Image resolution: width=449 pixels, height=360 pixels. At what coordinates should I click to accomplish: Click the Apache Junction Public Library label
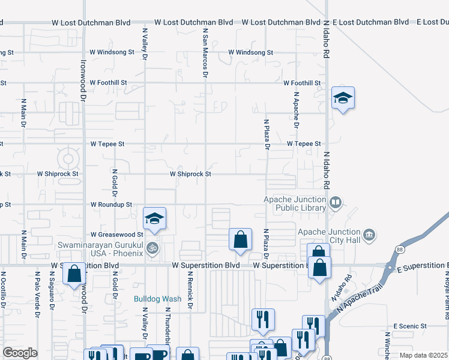pyautogui.click(x=295, y=204)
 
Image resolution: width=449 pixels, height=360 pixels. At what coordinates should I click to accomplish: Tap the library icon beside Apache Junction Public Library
pyautogui.click(x=336, y=203)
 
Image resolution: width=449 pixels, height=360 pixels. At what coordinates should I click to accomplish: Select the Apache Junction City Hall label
pyautogui.click(x=330, y=236)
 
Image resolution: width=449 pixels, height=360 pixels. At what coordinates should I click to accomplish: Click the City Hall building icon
pyautogui.click(x=369, y=233)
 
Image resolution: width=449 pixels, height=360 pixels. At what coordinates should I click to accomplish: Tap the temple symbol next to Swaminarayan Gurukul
pyautogui.click(x=153, y=247)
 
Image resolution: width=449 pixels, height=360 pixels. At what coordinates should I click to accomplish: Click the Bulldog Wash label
pyautogui.click(x=157, y=298)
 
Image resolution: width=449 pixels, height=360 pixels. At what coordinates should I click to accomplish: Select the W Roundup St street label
pyautogui.click(x=111, y=205)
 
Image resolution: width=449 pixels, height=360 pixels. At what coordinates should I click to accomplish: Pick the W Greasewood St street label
pyautogui.click(x=116, y=235)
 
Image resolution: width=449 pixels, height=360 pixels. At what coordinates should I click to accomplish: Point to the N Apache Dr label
pyautogui.click(x=296, y=110)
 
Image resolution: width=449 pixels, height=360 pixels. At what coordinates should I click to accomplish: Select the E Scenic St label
pyautogui.click(x=410, y=326)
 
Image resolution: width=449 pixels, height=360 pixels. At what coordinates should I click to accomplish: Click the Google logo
pyautogui.click(x=20, y=353)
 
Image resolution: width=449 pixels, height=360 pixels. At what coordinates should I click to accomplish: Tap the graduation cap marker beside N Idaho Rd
pyautogui.click(x=343, y=98)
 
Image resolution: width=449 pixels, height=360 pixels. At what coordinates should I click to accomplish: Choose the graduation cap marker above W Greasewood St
pyautogui.click(x=154, y=219)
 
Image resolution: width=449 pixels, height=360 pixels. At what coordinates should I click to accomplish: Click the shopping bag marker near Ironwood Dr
pyautogui.click(x=74, y=274)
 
